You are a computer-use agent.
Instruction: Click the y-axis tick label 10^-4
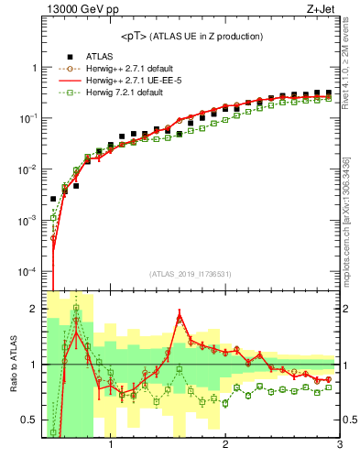point(26,272)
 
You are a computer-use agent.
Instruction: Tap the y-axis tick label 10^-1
point(26,119)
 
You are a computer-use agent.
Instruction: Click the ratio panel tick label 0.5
point(27,420)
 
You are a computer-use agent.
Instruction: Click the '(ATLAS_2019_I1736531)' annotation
point(191,273)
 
